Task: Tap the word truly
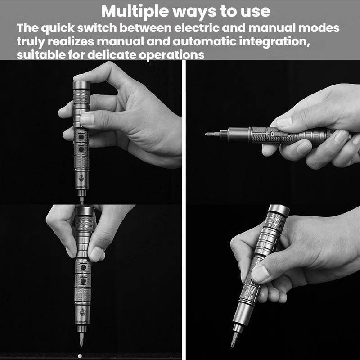click(31, 42)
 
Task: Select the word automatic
click(205, 41)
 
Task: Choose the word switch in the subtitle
click(97, 28)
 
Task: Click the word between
click(145, 28)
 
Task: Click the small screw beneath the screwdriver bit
click(80, 355)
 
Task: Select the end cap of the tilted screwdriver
click(279, 211)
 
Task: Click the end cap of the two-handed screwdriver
click(84, 211)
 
